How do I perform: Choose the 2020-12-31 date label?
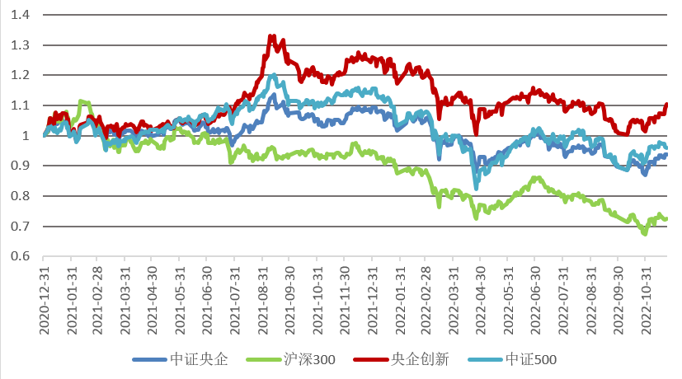tap(44, 297)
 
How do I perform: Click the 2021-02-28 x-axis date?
tap(98, 297)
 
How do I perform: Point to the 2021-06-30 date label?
tap(207, 297)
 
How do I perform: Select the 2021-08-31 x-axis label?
tap(262, 297)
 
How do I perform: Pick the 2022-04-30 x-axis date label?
tap(481, 297)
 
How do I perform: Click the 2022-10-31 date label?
tap(645, 297)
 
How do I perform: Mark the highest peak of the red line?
tap(271, 36)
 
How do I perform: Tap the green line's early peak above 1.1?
tap(81, 101)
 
